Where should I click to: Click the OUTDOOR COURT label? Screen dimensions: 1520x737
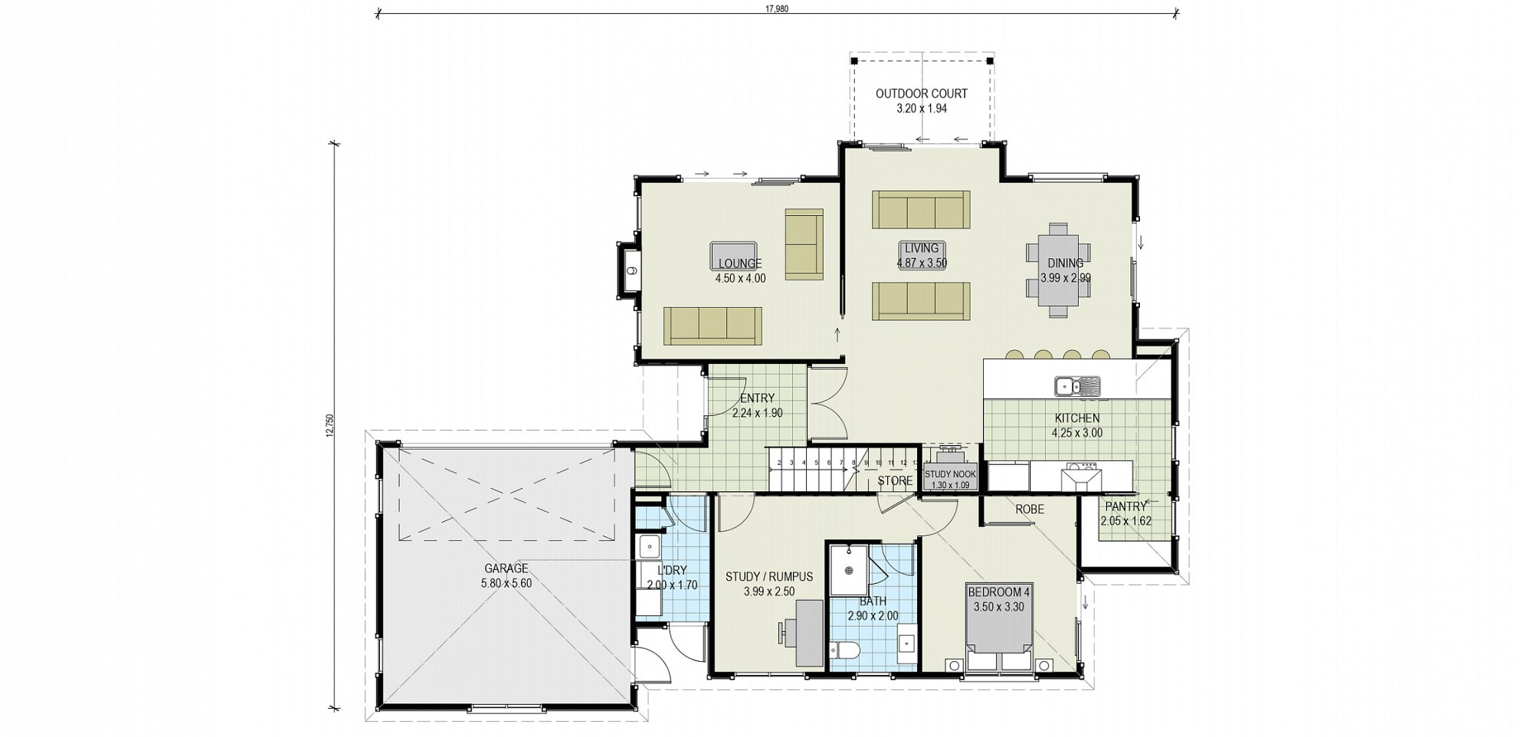pos(921,93)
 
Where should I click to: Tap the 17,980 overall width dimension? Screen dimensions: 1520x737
pos(776,9)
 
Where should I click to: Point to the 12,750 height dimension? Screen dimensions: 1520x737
pos(330,426)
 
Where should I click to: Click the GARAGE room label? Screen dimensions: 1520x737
pos(506,568)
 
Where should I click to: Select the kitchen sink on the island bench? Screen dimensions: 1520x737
pos(1076,385)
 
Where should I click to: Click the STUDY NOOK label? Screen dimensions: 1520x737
pos(950,474)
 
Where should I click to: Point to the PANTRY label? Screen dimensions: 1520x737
pos(1125,506)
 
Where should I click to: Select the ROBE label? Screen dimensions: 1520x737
pos(1030,509)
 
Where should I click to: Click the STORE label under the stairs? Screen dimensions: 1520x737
pos(895,481)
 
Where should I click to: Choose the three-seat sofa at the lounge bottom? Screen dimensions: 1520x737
pos(712,326)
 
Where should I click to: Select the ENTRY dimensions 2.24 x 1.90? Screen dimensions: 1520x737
pos(758,413)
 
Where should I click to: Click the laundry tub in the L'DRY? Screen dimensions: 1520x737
pos(649,547)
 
